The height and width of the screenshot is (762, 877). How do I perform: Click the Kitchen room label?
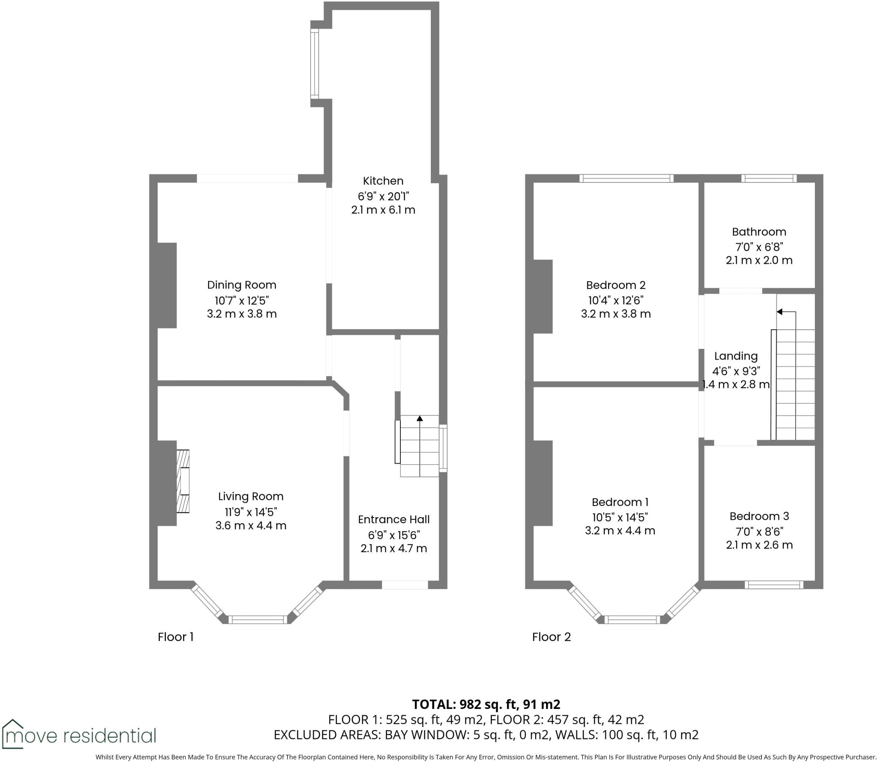(x=383, y=181)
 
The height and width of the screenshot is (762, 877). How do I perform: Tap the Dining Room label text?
(x=242, y=285)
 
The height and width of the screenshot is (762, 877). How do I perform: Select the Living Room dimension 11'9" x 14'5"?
(x=251, y=512)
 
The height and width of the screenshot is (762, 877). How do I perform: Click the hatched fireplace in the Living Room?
(x=183, y=481)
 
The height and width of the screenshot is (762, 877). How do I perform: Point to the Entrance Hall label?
(x=394, y=519)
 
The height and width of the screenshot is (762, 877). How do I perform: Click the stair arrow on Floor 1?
(x=420, y=419)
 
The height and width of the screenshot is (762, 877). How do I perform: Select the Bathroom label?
(x=759, y=232)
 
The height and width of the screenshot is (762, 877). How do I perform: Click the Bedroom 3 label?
(x=759, y=516)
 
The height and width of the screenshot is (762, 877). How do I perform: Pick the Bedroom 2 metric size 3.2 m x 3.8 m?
(x=615, y=314)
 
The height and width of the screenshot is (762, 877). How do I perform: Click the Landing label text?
(x=736, y=356)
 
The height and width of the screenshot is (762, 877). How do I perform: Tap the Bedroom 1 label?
(x=620, y=502)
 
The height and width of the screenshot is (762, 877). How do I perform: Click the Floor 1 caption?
(x=176, y=637)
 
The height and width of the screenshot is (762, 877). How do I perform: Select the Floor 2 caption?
(x=551, y=637)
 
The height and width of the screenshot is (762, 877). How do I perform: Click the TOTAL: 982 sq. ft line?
(x=486, y=704)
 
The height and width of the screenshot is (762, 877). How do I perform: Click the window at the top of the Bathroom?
(x=769, y=178)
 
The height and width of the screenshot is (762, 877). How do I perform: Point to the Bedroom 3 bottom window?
(x=773, y=585)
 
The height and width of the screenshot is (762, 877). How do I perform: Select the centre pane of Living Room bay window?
(x=257, y=619)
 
